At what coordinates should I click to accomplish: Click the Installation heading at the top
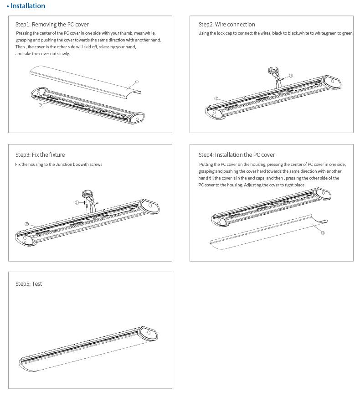(28, 6)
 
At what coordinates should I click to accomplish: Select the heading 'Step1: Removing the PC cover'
(52, 25)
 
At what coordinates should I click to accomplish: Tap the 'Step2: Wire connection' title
(226, 25)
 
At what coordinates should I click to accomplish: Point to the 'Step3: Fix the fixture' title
(40, 155)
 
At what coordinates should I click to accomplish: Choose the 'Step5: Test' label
(29, 284)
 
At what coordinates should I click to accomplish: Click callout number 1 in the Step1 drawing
(137, 82)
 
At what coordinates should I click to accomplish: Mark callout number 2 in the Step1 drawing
(41, 105)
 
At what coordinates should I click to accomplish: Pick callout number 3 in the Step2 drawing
(291, 76)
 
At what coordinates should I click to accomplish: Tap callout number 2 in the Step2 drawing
(216, 98)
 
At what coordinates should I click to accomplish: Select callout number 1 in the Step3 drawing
(77, 202)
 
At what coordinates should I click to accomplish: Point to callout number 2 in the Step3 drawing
(27, 224)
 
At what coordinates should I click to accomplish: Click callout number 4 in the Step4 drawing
(323, 233)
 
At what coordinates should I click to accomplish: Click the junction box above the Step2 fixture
(273, 71)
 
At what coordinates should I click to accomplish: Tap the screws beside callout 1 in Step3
(86, 204)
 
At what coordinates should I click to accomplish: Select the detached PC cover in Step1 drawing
(84, 80)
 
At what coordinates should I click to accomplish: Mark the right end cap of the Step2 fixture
(332, 83)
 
